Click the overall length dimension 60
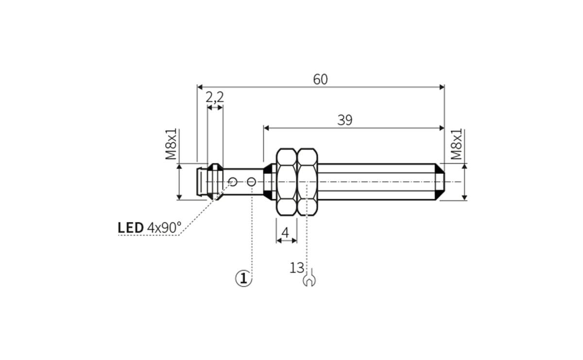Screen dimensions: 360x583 pyautogui.click(x=320, y=79)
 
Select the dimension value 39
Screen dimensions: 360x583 pyautogui.click(x=344, y=120)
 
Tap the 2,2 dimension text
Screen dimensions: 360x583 pyautogui.click(x=214, y=98)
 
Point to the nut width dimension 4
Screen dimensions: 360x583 pyautogui.click(x=286, y=233)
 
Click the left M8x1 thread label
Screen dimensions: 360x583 pyautogui.click(x=171, y=144)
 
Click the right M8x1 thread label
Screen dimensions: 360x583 pyautogui.click(x=456, y=144)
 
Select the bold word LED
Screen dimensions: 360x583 pyautogui.click(x=131, y=227)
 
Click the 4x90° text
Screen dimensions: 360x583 pyautogui.click(x=164, y=227)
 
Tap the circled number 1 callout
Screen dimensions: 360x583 pyautogui.click(x=244, y=278)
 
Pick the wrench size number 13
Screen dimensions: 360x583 pyautogui.click(x=297, y=268)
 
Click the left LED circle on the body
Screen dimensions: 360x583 pyautogui.click(x=233, y=182)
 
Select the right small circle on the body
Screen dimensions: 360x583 pyautogui.click(x=251, y=182)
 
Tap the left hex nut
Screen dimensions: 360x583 pyautogui.click(x=286, y=182)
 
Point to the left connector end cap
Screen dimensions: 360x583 pyautogui.click(x=201, y=182)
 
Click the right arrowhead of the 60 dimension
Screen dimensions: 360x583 pyautogui.click(x=442, y=87)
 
